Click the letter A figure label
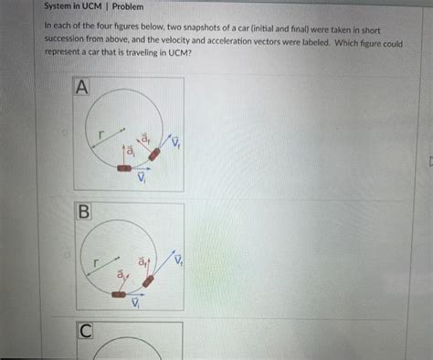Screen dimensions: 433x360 (81, 87)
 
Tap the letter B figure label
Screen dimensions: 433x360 (84, 211)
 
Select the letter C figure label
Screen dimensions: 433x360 (86, 331)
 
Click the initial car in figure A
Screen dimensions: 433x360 (124, 168)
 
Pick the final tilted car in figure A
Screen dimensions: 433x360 (154, 154)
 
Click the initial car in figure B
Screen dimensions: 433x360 (119, 294)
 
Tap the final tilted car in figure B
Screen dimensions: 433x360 (148, 281)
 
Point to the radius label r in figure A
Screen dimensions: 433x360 (101, 133)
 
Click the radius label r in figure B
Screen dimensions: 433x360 (96, 262)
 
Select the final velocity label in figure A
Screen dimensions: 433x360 (175, 141)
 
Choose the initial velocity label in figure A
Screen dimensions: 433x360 (142, 177)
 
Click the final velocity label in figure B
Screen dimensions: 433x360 (178, 259)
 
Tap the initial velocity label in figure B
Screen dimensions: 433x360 (135, 302)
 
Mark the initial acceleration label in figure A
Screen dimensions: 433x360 (131, 151)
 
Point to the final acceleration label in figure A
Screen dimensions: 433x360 (145, 139)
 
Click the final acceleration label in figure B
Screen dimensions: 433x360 (143, 262)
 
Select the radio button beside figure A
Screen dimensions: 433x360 (64, 132)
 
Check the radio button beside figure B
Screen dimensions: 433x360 (68, 255)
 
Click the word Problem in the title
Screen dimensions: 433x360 (128, 6)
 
